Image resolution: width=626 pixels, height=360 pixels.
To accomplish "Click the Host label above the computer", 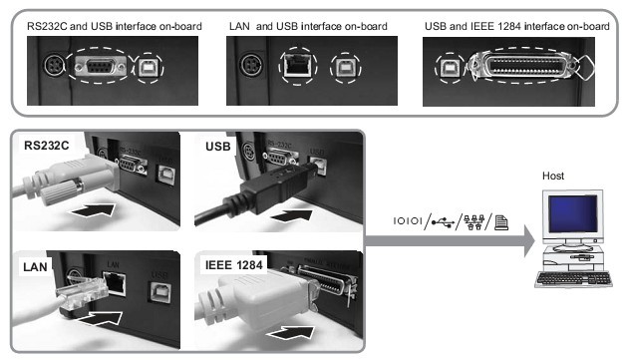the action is (x=553, y=176).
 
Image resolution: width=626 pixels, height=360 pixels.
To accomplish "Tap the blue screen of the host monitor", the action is (x=573, y=213).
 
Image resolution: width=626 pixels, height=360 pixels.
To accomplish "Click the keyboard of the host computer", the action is (x=574, y=278).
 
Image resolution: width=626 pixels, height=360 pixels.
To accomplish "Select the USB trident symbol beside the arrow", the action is (x=443, y=222).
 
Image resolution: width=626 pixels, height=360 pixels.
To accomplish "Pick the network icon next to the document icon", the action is (x=473, y=222).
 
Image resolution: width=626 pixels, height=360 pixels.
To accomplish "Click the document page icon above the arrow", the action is (x=501, y=222).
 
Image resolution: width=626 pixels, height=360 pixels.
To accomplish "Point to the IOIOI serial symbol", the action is (x=408, y=221).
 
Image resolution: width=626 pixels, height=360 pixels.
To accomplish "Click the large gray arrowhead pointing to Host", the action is (x=529, y=240).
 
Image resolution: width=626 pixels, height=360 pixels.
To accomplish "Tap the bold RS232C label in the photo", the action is (x=46, y=145).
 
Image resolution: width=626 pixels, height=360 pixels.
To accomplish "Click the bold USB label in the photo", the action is (x=217, y=147).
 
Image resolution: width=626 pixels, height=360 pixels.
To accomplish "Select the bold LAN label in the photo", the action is (x=35, y=267).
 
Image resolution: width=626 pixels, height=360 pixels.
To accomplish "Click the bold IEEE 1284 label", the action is (x=233, y=265).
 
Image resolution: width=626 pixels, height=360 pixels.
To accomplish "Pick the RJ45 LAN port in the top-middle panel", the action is (x=297, y=65).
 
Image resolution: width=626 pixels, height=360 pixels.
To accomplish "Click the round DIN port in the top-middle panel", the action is (x=252, y=65).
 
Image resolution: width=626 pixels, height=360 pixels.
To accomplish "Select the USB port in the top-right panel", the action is (x=450, y=69).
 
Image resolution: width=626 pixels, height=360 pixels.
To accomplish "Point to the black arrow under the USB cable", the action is (x=291, y=216).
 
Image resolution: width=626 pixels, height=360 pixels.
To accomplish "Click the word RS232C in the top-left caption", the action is (x=47, y=26).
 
